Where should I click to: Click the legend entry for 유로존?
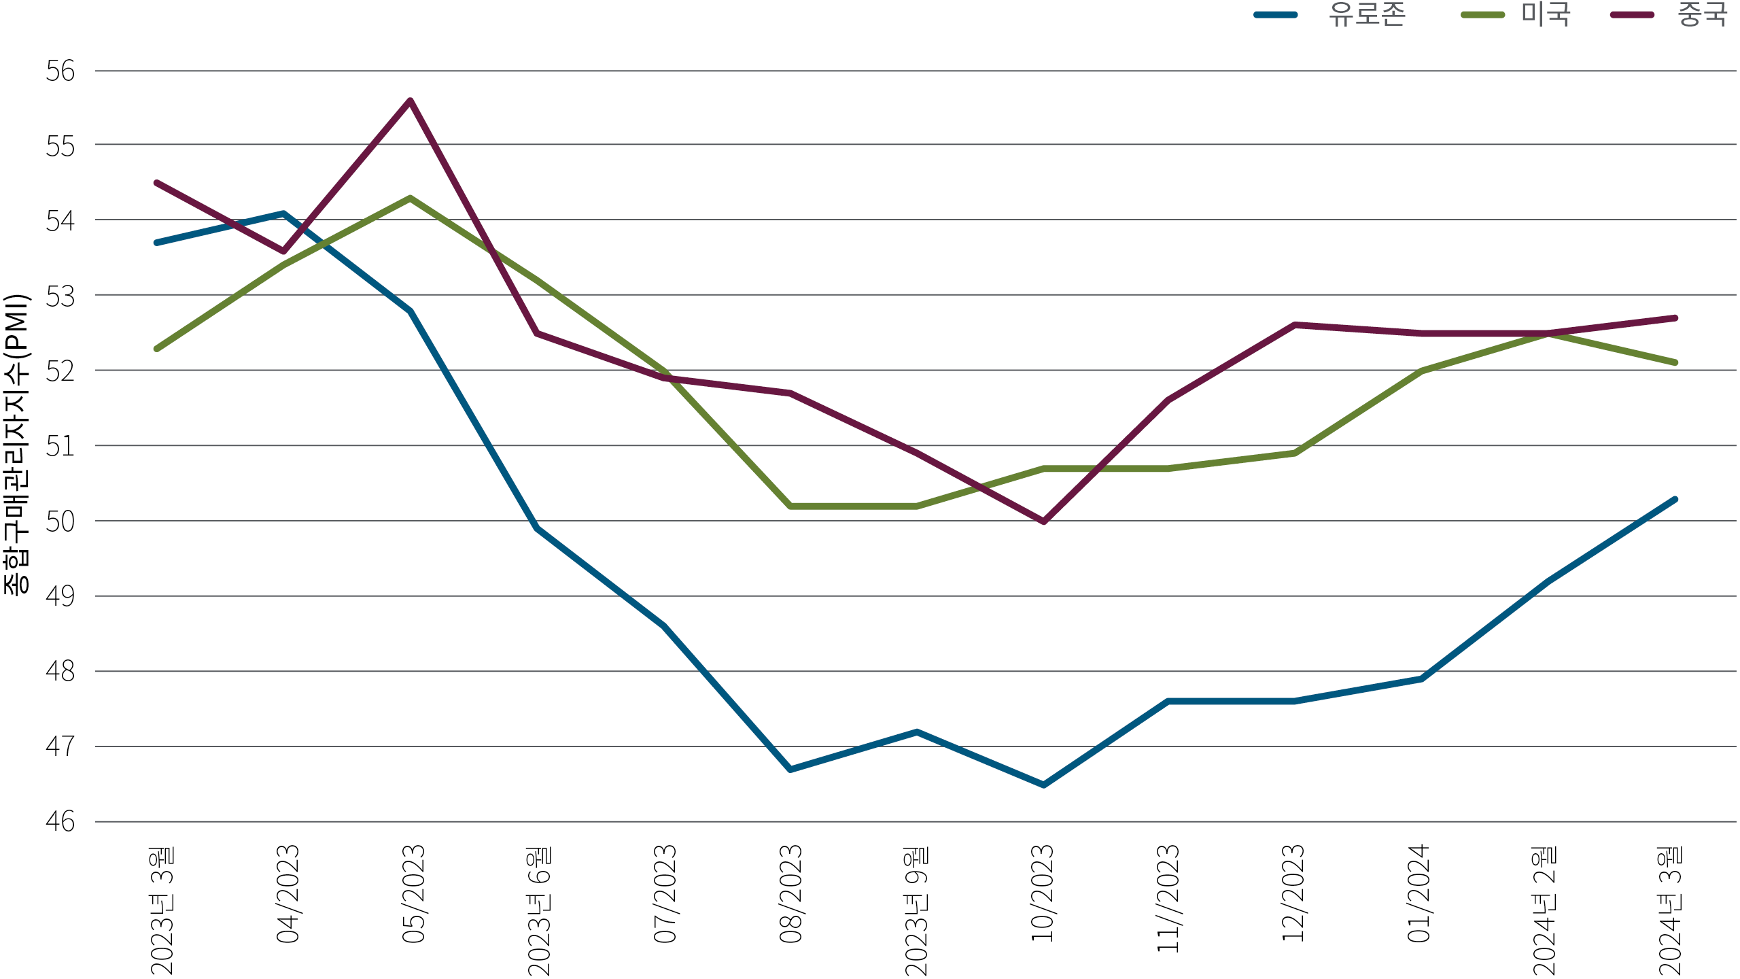click(1366, 15)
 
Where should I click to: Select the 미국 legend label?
click(1546, 15)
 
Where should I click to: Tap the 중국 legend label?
click(1702, 15)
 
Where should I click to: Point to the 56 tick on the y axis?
click(60, 71)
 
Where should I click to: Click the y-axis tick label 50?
click(60, 521)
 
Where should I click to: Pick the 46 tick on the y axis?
click(60, 822)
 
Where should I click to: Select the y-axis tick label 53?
click(60, 296)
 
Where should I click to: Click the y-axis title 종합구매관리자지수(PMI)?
click(16, 445)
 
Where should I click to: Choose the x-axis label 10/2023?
click(1043, 893)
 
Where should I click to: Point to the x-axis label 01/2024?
click(1419, 893)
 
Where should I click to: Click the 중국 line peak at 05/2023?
click(411, 101)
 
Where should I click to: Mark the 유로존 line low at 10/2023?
click(1043, 785)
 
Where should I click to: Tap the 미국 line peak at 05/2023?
click(411, 199)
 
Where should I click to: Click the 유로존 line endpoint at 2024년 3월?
click(1675, 500)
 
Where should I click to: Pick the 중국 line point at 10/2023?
click(1043, 521)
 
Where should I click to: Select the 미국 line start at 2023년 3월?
click(157, 349)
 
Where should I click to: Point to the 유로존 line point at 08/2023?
click(790, 770)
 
